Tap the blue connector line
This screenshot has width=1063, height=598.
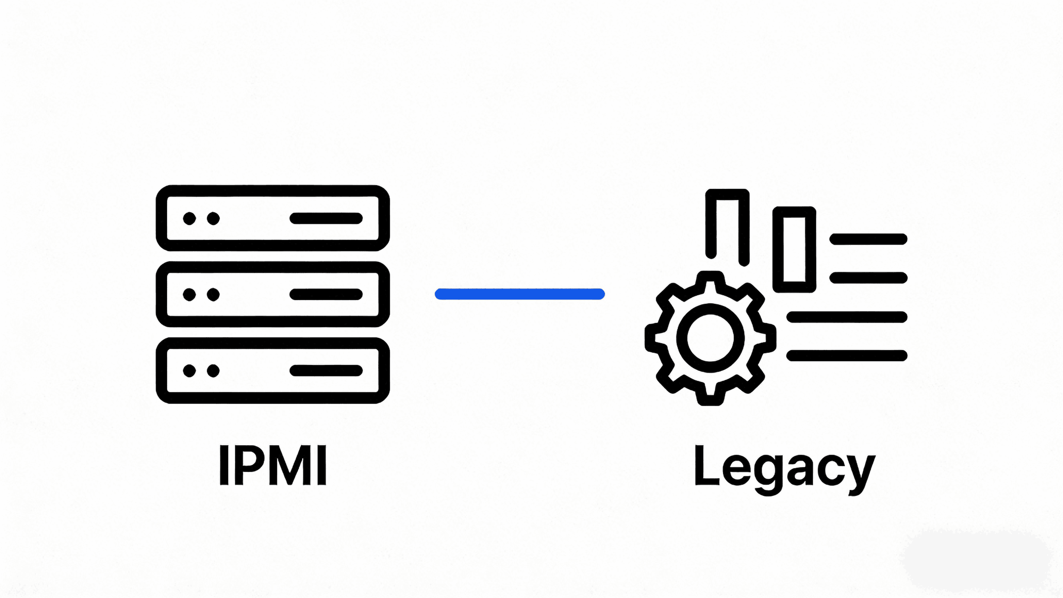519,294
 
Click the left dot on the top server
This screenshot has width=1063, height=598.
189,219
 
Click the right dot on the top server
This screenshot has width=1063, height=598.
213,219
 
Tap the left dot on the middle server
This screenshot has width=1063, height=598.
189,295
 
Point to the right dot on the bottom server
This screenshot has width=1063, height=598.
213,371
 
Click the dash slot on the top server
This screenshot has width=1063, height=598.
326,219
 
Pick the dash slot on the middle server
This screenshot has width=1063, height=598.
326,295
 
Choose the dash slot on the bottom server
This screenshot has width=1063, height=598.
326,371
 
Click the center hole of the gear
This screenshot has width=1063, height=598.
710,338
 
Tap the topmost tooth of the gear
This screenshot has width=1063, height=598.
710,280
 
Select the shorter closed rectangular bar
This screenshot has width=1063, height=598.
794,249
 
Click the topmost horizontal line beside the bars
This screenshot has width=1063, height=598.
868,239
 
